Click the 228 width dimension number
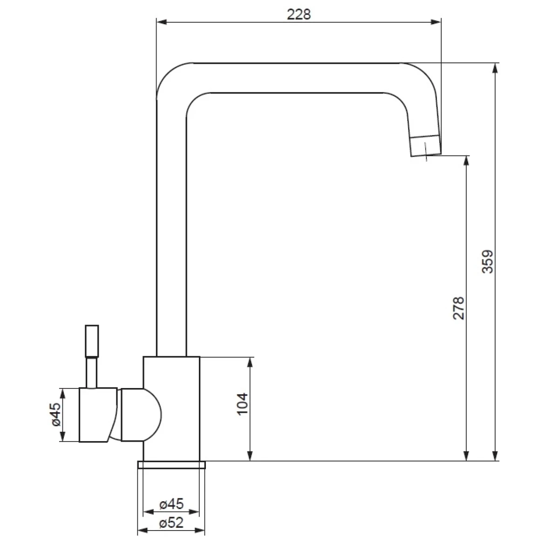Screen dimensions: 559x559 tap(299, 14)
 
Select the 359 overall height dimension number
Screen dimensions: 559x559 tap(487, 262)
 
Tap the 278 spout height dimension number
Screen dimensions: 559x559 tap(459, 308)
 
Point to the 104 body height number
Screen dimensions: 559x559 tap(243, 404)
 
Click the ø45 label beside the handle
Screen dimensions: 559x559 tap(56, 415)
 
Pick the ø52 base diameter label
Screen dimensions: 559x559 tap(172, 523)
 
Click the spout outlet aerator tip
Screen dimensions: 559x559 tap(426, 146)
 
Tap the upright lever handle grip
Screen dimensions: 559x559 tap(92, 341)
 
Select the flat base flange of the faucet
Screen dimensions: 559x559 tap(171, 465)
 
